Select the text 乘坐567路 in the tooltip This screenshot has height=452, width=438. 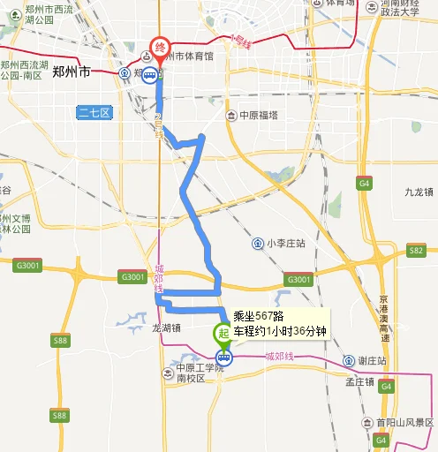coord(258,317)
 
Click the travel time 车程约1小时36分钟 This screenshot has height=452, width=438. coord(279,331)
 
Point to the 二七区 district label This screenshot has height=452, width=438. coord(94,112)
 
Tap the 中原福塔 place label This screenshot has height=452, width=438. coord(259,116)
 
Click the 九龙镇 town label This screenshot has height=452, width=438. coord(418,192)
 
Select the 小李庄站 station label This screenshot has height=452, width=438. coord(286,243)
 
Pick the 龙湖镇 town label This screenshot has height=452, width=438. coord(166,327)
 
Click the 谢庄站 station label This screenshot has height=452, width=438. coord(372,361)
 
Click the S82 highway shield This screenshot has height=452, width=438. coord(417,252)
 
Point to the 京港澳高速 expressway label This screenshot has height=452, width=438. coord(384,318)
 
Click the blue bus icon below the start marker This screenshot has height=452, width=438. coord(224,358)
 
